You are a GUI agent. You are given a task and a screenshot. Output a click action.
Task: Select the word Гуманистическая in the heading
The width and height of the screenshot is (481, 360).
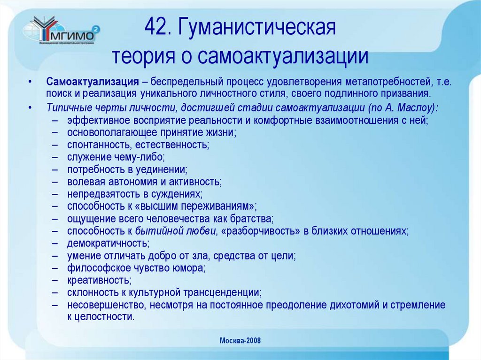click(x=256, y=29)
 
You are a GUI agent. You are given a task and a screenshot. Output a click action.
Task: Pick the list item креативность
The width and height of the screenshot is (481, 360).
click(x=99, y=280)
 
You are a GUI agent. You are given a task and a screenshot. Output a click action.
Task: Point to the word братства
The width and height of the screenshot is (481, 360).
click(x=254, y=219)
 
